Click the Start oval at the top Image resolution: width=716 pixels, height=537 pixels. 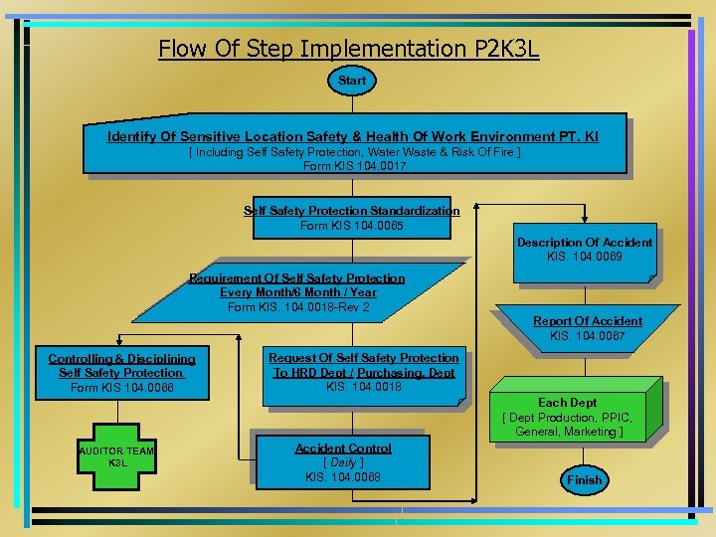point(352,81)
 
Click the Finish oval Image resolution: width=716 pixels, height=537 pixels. point(585,479)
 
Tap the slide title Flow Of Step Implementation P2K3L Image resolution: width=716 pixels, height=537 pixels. point(348,48)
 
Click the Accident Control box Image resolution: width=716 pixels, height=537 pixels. point(343,461)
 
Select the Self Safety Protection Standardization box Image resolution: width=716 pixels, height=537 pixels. point(352,217)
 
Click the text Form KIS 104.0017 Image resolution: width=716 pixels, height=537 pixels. point(354,166)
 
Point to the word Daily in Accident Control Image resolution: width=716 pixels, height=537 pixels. point(343,462)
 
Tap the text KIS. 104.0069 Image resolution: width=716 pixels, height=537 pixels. point(585,257)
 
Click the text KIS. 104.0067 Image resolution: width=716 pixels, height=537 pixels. point(587,336)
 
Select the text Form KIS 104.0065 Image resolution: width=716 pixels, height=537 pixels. point(352,226)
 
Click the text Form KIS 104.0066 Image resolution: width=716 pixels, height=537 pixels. point(121,387)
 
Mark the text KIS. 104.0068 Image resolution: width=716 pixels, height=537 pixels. point(343,477)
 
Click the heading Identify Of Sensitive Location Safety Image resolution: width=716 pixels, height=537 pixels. point(353,136)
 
